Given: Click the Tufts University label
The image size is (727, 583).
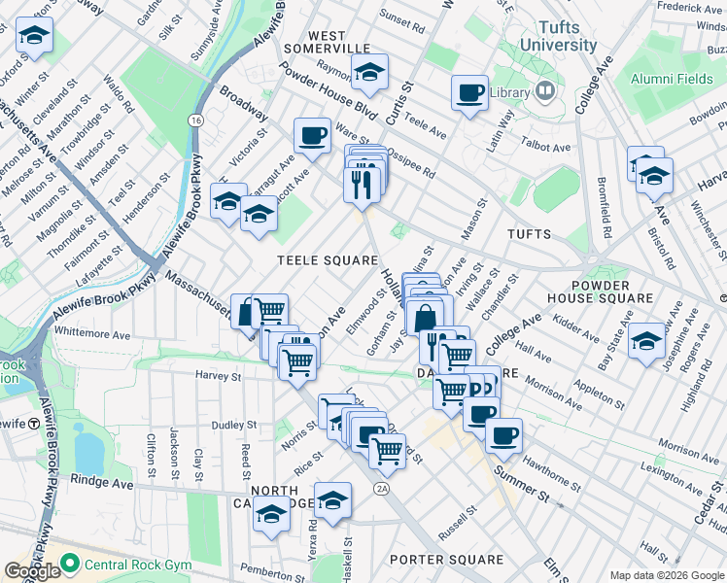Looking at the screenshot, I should coord(558,37).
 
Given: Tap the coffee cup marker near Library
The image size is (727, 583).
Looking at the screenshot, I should coord(470,93).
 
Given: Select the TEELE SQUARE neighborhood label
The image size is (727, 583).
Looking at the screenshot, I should coord(327,260).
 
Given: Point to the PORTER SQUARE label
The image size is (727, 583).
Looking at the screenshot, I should coord(446,560).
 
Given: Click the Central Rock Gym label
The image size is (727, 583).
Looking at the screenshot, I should coord(120,563).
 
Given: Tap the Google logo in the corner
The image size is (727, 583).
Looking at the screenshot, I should coord(32,571).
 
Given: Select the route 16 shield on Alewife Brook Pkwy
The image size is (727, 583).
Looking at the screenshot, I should coord(197,120).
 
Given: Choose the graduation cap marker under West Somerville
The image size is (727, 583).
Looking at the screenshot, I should coord(369,72).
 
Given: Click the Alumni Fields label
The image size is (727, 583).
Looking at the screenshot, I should coord(672,79).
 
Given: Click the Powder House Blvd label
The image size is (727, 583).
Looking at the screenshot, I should coord(326,91).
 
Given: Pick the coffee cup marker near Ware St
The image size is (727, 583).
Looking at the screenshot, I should coord(313,136).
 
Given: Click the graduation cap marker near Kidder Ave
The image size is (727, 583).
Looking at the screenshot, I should coord(645,341).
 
